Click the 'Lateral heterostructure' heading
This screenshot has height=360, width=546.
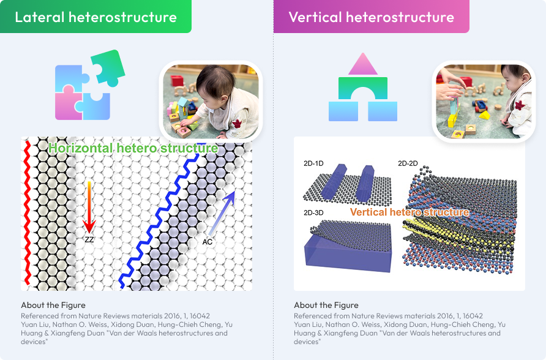pos(95,17)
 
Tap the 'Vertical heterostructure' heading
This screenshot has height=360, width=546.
pos(371,17)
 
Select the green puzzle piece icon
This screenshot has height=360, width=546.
pos(108,68)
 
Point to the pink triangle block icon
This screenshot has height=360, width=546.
pos(363,64)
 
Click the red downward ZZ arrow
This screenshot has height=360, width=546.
pos(89,207)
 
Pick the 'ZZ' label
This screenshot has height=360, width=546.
pos(89,239)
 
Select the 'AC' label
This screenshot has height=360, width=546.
pos(207,242)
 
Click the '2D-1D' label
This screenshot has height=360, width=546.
pos(313,163)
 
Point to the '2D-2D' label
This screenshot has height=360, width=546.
pos(408,163)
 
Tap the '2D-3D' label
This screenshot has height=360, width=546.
pos(313,212)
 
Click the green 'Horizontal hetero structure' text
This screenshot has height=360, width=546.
pos(133,148)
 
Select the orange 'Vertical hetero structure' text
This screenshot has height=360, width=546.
pos(409,212)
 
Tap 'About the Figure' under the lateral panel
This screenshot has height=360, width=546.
pos(53,305)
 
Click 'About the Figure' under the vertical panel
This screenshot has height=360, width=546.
pos(326,305)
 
